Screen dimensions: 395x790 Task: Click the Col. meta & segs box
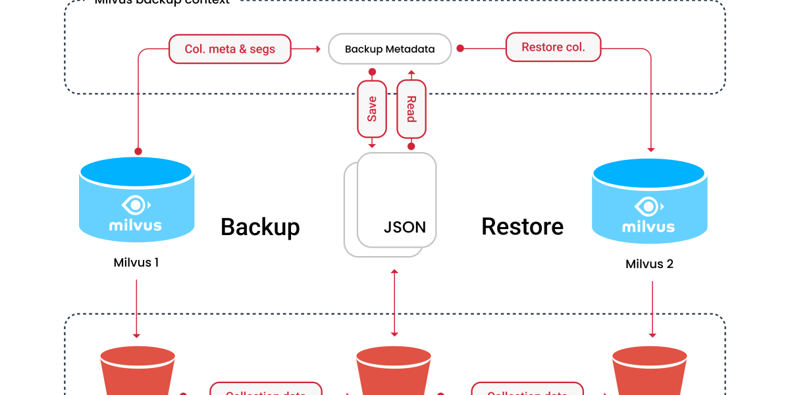[230, 49]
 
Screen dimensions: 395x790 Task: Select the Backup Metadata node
[390, 49]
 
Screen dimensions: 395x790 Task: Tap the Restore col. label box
[553, 47]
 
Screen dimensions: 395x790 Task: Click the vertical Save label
[372, 109]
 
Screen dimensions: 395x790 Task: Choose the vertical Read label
[411, 109]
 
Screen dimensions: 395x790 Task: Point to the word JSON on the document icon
[404, 228]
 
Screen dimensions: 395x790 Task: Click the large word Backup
[260, 226]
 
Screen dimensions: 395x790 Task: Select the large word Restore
[522, 226]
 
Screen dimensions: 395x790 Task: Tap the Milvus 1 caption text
[136, 263]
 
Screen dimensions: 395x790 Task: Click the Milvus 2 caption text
[649, 264]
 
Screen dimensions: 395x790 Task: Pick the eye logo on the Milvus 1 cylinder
[136, 205]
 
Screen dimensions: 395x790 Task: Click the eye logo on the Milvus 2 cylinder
[648, 207]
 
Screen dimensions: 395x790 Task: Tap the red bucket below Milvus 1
[138, 372]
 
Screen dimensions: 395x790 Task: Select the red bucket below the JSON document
[394, 372]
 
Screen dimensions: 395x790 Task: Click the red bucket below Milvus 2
[650, 372]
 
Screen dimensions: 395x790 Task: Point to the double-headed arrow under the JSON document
[394, 303]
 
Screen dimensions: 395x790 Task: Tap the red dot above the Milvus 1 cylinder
[137, 151]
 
